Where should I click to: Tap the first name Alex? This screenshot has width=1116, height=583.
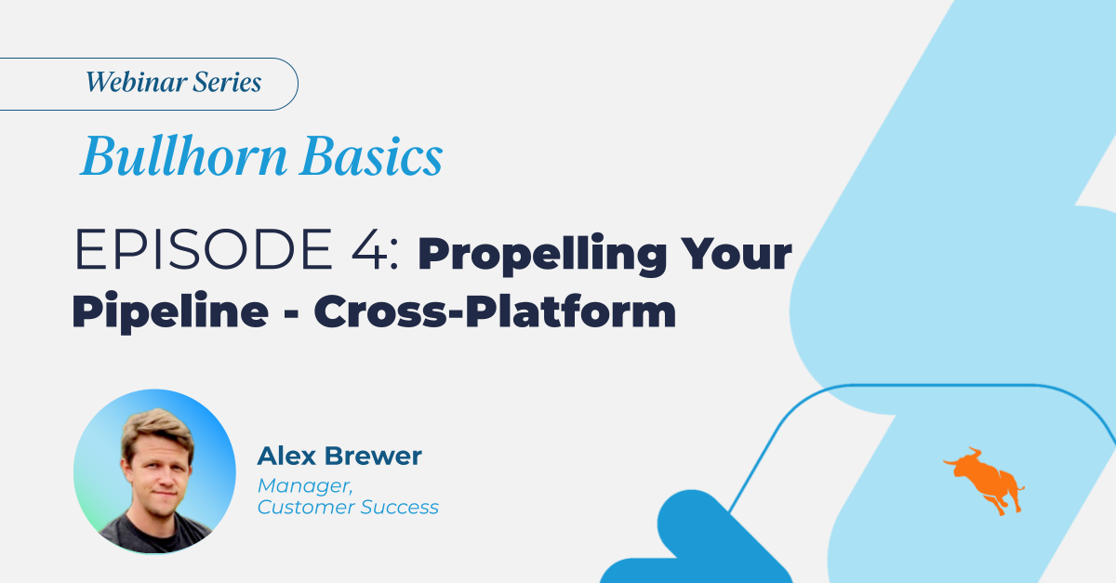point(285,457)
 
